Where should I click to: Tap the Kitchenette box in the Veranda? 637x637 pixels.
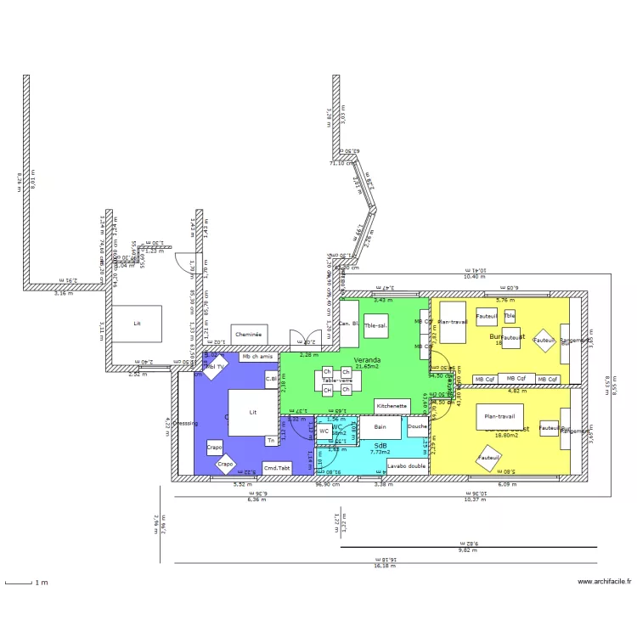click(x=393, y=407)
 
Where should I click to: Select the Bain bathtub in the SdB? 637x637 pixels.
click(x=381, y=426)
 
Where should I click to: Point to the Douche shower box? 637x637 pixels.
click(x=417, y=426)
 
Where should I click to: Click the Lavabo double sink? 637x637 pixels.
click(x=407, y=465)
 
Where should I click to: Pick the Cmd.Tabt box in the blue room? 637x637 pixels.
click(x=277, y=468)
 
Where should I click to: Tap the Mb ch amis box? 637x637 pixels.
click(x=256, y=358)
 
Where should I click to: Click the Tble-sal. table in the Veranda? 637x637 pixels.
click(x=375, y=325)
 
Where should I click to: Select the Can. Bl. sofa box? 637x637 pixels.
click(x=349, y=324)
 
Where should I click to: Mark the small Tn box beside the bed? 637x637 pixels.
click(x=271, y=440)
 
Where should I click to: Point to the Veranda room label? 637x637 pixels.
click(x=367, y=360)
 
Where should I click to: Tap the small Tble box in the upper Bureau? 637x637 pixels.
click(x=510, y=316)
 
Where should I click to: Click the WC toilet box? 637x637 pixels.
click(x=324, y=431)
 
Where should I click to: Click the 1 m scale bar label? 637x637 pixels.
click(x=41, y=583)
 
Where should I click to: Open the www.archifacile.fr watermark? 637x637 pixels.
click(x=605, y=582)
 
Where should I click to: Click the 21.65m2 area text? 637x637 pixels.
click(x=368, y=367)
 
